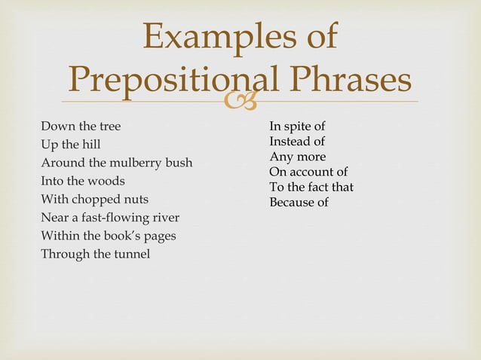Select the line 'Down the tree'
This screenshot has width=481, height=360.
point(81,126)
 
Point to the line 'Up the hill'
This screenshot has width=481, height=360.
point(71,144)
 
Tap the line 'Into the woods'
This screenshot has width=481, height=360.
point(83,181)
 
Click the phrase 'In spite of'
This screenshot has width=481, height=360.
point(297,126)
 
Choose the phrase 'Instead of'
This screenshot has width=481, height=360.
point(297,141)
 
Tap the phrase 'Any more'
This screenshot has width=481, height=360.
point(297,157)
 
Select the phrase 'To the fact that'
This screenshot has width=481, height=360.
point(311,187)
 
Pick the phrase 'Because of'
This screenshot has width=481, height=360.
point(299,202)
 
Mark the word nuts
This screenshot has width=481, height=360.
point(136,200)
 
